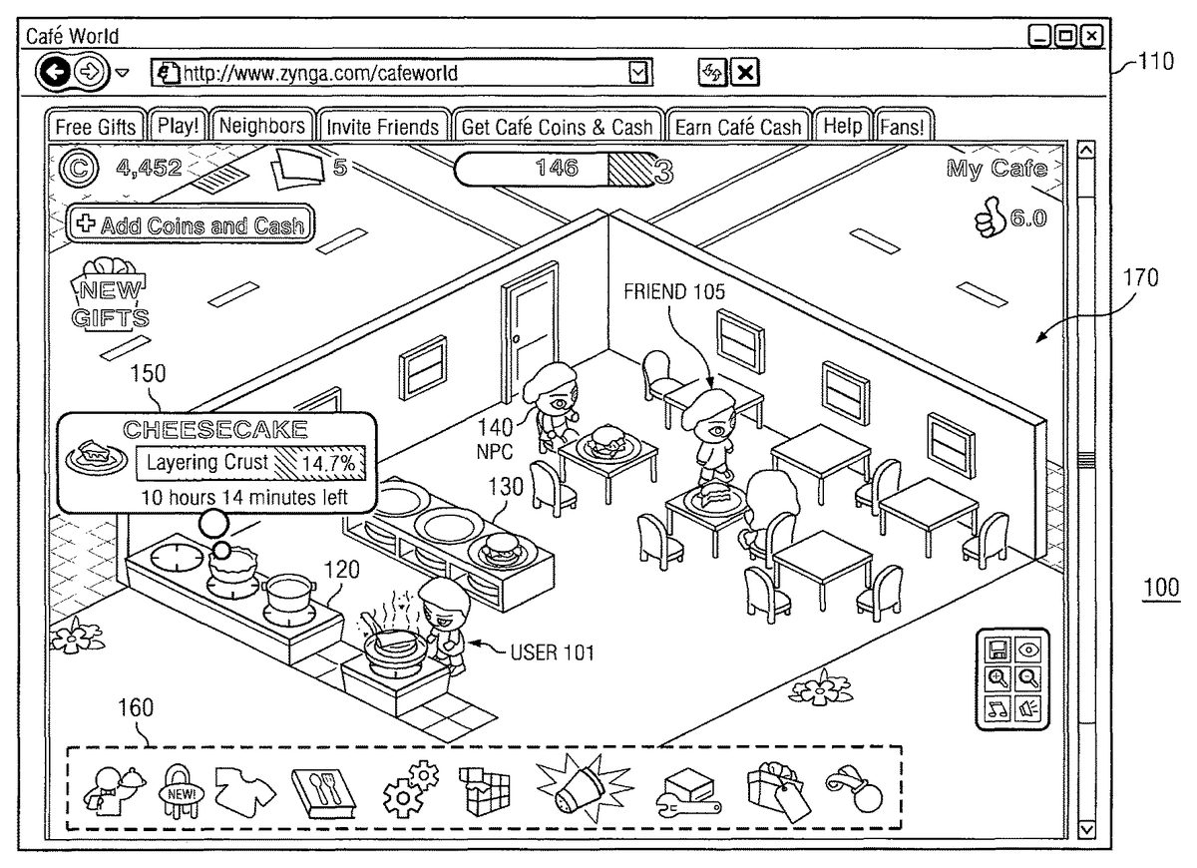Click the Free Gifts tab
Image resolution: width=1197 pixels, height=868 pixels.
pos(97,128)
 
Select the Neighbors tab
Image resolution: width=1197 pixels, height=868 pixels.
pos(261,127)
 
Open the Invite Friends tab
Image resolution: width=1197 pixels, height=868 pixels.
pos(383,128)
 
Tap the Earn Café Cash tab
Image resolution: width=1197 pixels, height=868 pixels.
pos(737,128)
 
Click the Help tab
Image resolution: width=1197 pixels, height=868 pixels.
pos(842,127)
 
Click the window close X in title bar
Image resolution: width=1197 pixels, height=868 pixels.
pos(1094,37)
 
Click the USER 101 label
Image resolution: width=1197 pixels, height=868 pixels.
pos(552,653)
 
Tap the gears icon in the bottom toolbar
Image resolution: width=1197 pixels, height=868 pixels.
pos(410,790)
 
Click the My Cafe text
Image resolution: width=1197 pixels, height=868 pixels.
pos(997,170)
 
